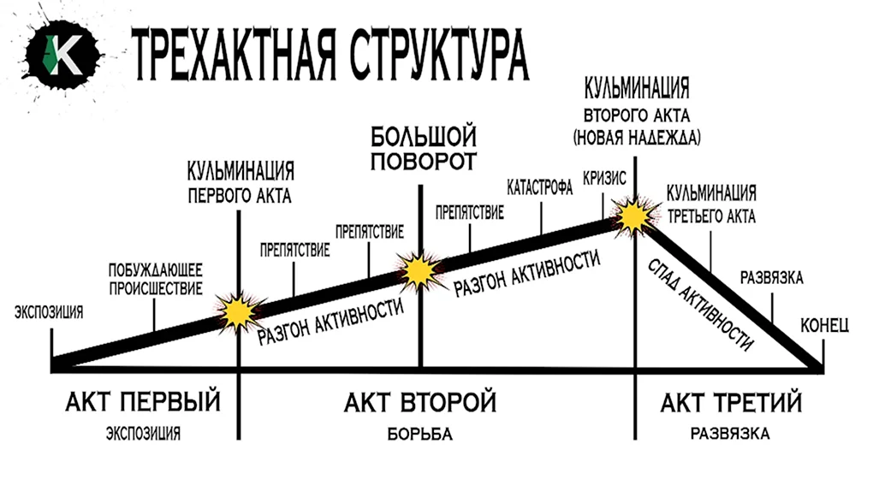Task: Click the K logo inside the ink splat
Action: pyautogui.click(x=63, y=54)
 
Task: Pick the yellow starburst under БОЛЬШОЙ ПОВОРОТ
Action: pyautogui.click(x=419, y=270)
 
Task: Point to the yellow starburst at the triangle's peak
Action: pyautogui.click(x=633, y=216)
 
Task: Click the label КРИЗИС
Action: pyautogui.click(x=604, y=178)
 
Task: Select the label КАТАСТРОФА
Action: pyautogui.click(x=539, y=187)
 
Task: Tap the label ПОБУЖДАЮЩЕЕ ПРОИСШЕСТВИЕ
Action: pyautogui.click(x=155, y=280)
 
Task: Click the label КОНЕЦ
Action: pyautogui.click(x=824, y=325)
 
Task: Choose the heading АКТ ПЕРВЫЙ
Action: pyautogui.click(x=143, y=402)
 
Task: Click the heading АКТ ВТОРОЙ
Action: pyautogui.click(x=419, y=402)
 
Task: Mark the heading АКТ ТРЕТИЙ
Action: pyautogui.click(x=731, y=402)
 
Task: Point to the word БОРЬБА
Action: pyautogui.click(x=419, y=435)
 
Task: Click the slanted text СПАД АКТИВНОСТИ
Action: pyautogui.click(x=700, y=305)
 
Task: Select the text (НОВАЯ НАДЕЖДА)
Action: pyautogui.click(x=637, y=138)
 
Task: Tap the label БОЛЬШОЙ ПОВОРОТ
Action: pyautogui.click(x=424, y=149)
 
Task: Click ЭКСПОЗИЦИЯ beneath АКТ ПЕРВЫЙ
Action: pyautogui.click(x=143, y=434)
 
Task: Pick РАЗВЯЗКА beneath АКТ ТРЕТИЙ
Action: pyautogui.click(x=730, y=434)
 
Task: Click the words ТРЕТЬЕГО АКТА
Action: pyautogui.click(x=711, y=216)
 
